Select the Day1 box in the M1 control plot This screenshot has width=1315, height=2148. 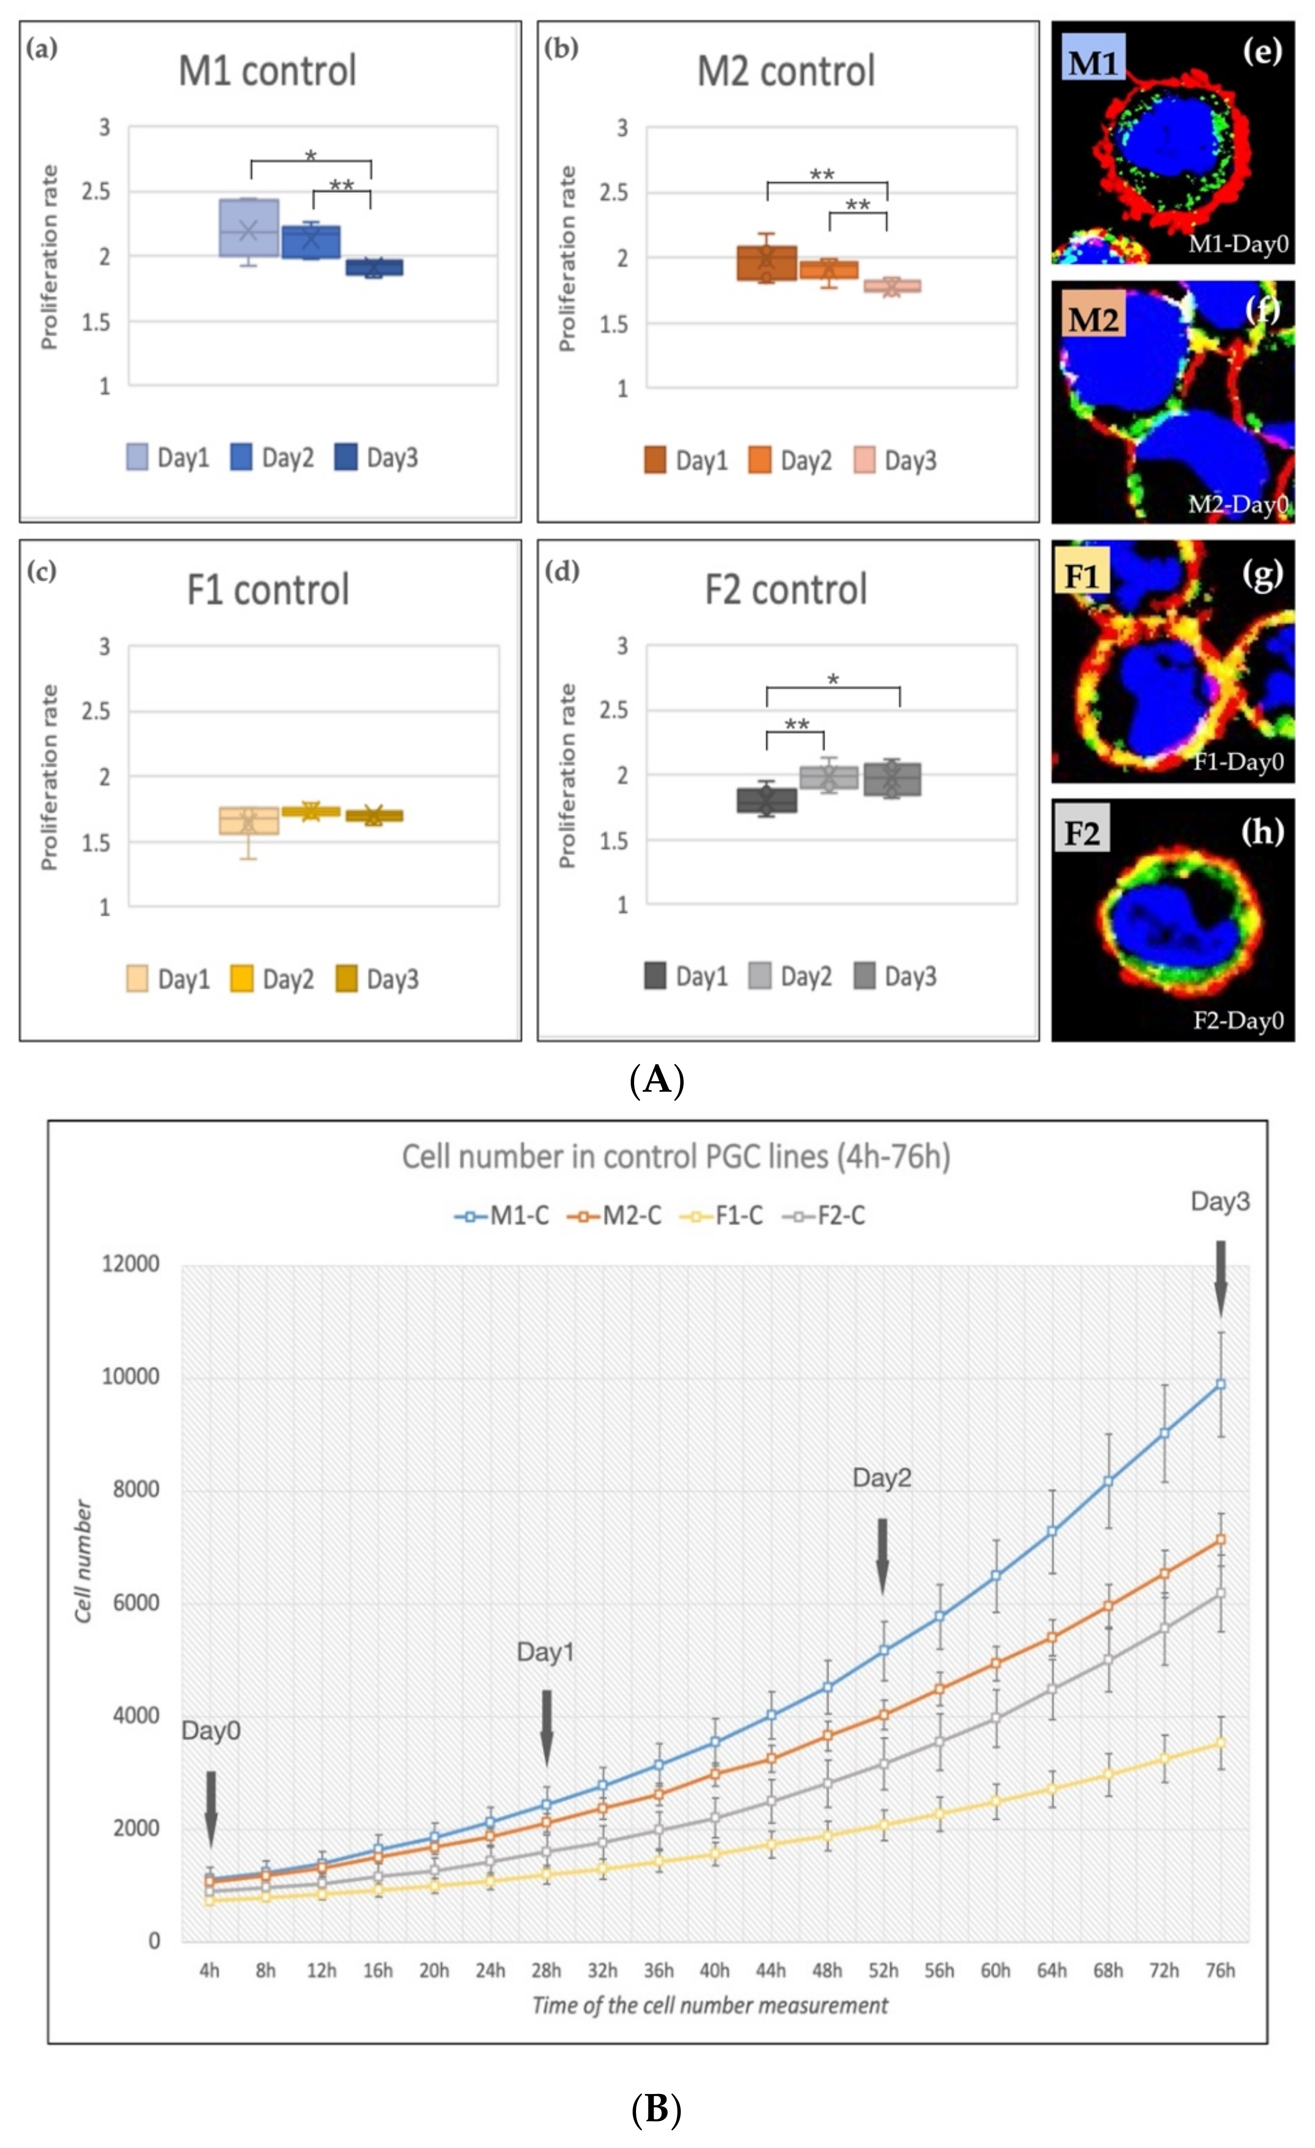pyautogui.click(x=248, y=227)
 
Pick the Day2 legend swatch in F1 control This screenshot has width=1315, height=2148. pyautogui.click(x=242, y=979)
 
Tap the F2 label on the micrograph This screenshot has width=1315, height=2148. pyautogui.click(x=1081, y=833)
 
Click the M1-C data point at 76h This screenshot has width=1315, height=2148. pyautogui.click(x=1220, y=1385)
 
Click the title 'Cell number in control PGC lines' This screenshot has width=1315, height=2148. pyautogui.click(x=676, y=1157)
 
